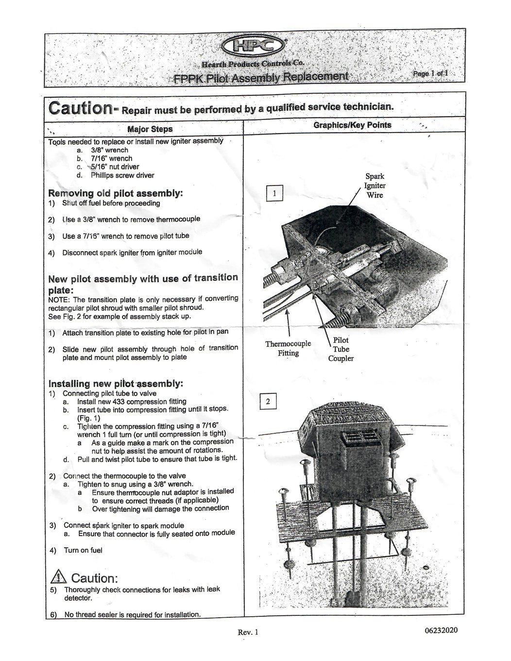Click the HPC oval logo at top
(253, 47)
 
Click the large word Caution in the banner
(81, 107)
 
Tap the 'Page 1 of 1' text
(430, 73)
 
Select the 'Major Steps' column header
(150, 129)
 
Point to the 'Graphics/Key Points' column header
(352, 125)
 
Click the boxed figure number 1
(274, 193)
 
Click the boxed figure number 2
(268, 402)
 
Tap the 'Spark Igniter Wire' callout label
(375, 186)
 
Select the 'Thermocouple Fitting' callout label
(288, 348)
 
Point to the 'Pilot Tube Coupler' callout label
(341, 349)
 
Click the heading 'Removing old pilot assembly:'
(115, 193)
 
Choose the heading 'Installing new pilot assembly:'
(116, 383)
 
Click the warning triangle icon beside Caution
(58, 576)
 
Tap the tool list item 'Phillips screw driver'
(122, 175)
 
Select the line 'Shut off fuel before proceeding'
(111, 203)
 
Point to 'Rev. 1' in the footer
(248, 632)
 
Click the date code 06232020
(441, 630)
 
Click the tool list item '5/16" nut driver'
(115, 167)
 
